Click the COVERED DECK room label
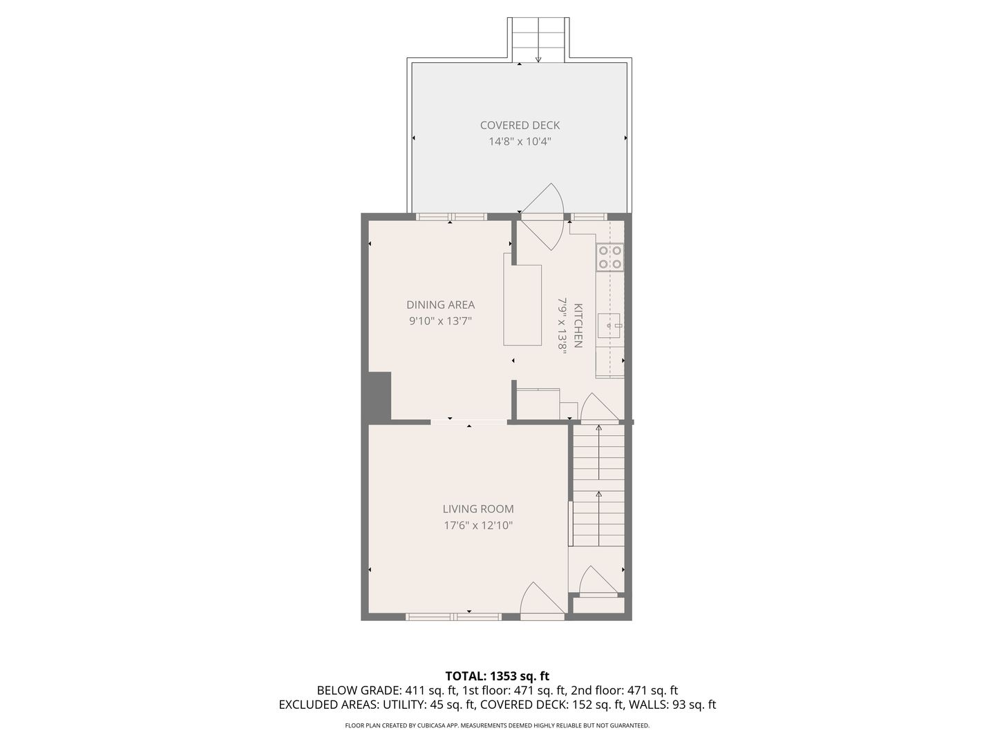(x=520, y=125)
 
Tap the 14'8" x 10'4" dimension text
(x=520, y=142)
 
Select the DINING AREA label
(x=440, y=305)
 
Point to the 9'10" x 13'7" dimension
(x=440, y=321)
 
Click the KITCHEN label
(x=578, y=325)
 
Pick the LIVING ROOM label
(x=477, y=508)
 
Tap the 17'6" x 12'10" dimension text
(x=477, y=526)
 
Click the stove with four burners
(x=610, y=257)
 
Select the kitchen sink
(x=609, y=325)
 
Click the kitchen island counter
(x=522, y=305)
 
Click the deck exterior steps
(x=538, y=40)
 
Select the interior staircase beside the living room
(x=598, y=485)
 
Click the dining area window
(x=451, y=217)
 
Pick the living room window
(x=453, y=616)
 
